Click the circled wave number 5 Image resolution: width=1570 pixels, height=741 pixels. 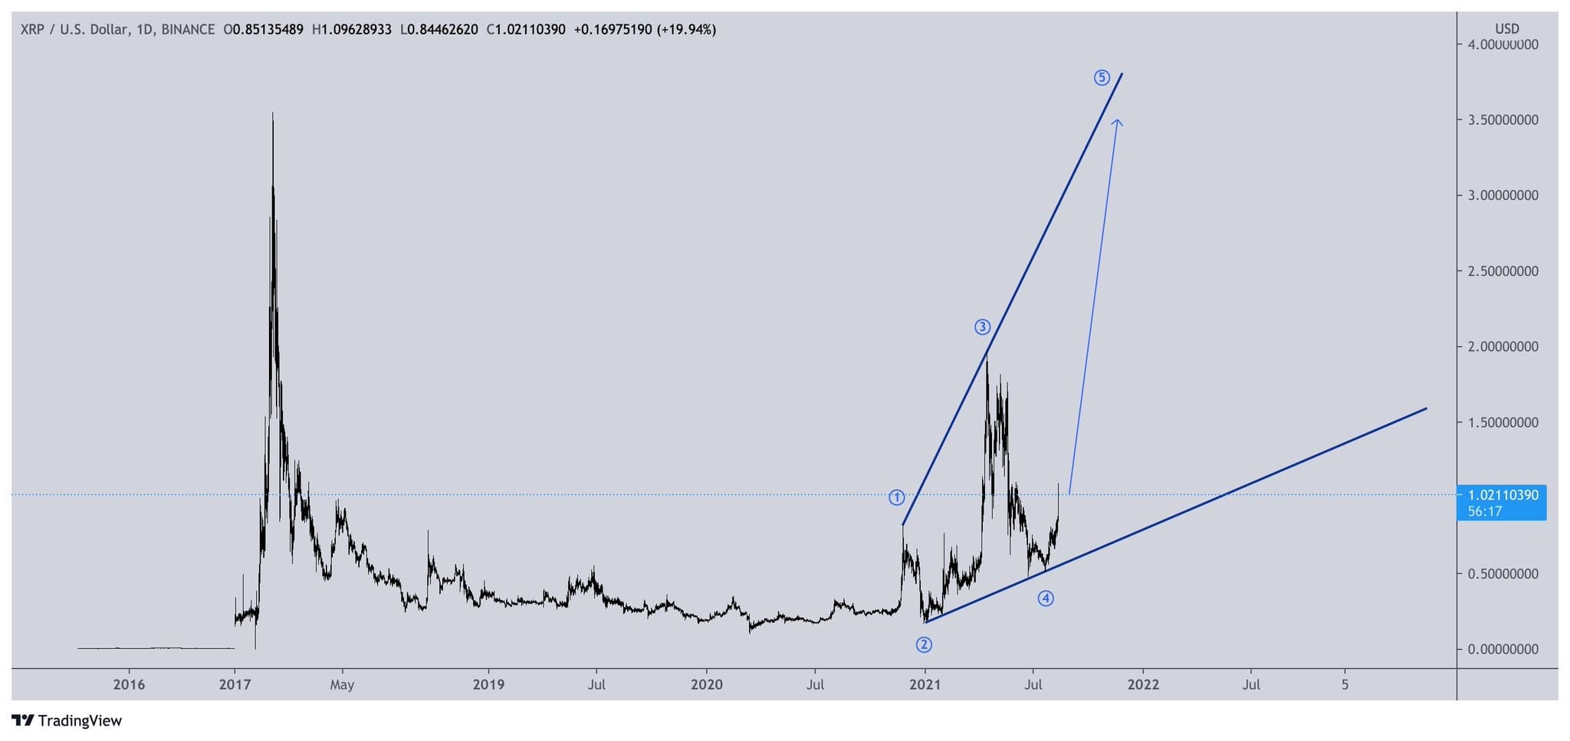click(x=1102, y=77)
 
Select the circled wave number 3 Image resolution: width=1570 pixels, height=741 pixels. click(x=982, y=327)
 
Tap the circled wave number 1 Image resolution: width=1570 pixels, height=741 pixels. click(x=896, y=497)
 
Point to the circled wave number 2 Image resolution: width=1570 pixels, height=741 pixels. click(x=924, y=644)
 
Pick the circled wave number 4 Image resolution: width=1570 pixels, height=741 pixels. click(x=1046, y=598)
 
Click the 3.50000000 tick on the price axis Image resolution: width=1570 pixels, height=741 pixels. click(x=1503, y=120)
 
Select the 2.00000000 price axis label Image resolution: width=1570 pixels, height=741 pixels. click(x=1503, y=347)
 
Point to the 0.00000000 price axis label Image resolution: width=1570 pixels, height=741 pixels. click(x=1503, y=650)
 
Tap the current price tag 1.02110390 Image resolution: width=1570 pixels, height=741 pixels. click(x=1503, y=496)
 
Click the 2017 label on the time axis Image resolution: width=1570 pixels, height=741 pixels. click(x=235, y=684)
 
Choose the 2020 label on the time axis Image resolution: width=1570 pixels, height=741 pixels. click(x=706, y=684)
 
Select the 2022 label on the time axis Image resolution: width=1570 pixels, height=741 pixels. click(x=1143, y=684)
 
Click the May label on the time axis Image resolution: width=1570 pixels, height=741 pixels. click(x=342, y=684)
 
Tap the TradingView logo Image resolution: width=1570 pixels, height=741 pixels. click(x=67, y=720)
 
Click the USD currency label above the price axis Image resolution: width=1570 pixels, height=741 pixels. click(x=1506, y=28)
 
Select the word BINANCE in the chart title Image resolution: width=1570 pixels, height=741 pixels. click(x=188, y=30)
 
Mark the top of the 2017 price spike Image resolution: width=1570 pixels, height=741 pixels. click(x=273, y=114)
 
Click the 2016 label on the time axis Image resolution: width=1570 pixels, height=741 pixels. click(x=129, y=684)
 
